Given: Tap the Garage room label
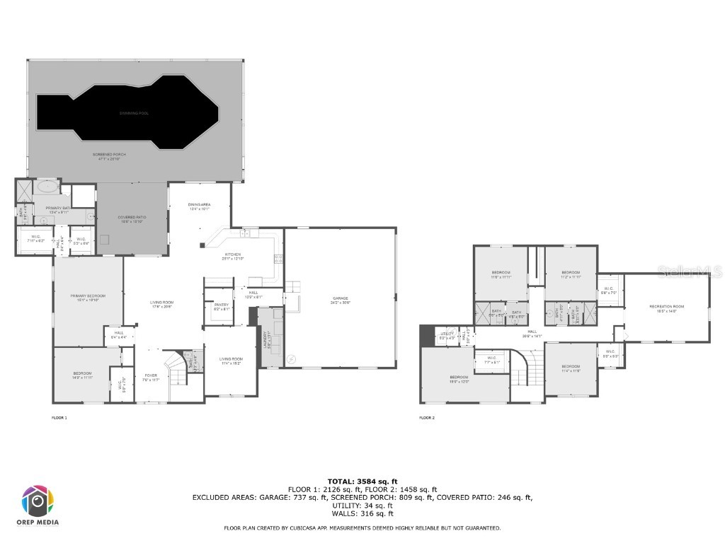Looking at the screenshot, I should coord(341,300).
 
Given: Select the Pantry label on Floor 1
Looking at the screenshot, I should coord(222,307).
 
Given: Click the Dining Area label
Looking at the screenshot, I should coord(200,206).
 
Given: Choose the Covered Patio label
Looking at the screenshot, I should coord(131,219).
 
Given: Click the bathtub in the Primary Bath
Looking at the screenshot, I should coord(47,189).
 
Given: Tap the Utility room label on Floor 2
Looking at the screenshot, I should coord(447,335).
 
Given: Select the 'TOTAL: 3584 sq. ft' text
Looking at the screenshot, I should coord(362,481).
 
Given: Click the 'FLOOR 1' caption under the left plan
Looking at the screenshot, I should coord(59,418).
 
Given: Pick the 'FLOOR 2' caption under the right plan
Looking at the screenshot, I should coord(426,418).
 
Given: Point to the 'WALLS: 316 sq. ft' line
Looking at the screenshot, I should coord(362,513).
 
